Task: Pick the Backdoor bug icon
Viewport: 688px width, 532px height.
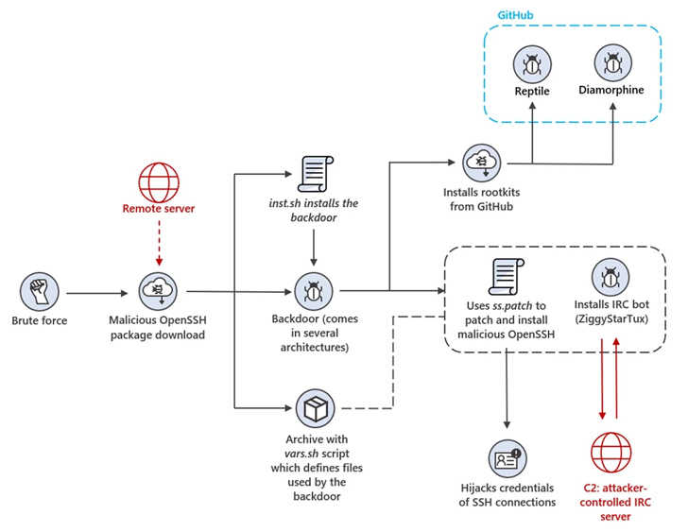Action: tap(312, 290)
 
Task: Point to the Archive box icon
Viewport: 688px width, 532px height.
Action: tap(312, 409)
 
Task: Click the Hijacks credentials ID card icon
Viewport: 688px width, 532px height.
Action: tap(507, 458)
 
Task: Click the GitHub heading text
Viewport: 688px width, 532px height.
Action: tap(518, 16)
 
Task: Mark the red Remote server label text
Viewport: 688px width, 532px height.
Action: tap(159, 209)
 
